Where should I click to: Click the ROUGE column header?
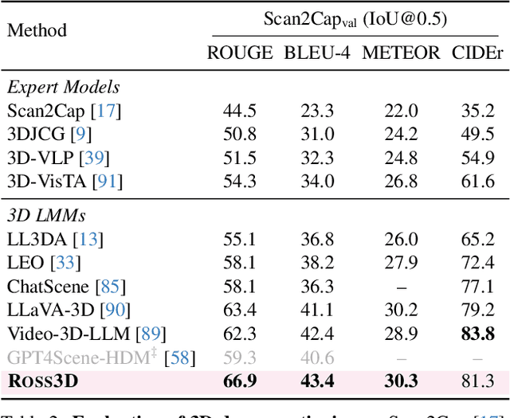click(240, 53)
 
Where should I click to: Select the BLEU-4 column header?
click(317, 53)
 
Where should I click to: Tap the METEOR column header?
click(401, 53)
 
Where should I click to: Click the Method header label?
click(37, 31)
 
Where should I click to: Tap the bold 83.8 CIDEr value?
click(478, 334)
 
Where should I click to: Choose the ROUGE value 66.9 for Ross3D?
click(240, 381)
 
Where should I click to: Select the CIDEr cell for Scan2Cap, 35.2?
click(478, 111)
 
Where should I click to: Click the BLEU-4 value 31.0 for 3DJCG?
click(317, 135)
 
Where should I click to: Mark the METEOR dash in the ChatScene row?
click(401, 286)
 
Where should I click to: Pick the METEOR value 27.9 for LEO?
click(401, 262)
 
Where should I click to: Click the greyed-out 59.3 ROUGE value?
click(240, 357)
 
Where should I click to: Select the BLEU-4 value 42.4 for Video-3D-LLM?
click(317, 334)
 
